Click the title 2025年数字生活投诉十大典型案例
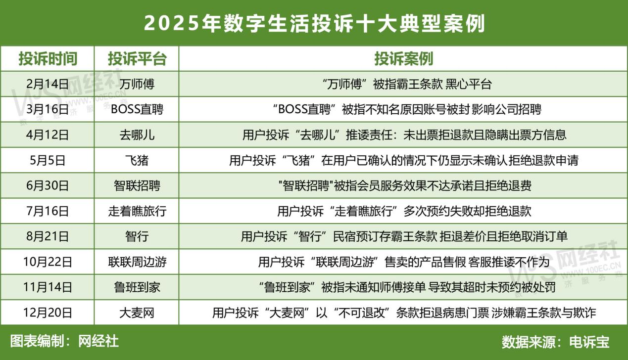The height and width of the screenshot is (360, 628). (314, 23)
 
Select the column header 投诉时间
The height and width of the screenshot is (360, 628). (48, 59)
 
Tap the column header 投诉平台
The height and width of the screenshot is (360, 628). (137, 59)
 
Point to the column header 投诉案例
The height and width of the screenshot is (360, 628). (404, 59)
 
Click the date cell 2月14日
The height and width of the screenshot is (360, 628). (48, 84)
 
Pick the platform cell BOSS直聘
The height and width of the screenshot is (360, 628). (137, 109)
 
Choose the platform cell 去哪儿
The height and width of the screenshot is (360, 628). (137, 135)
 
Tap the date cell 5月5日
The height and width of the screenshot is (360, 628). (48, 160)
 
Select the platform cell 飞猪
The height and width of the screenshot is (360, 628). (137, 160)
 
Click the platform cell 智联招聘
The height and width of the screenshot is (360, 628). (137, 185)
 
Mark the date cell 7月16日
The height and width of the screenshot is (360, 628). (48, 211)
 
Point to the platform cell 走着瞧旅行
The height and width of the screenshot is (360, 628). (137, 211)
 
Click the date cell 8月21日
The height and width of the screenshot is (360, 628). (48, 236)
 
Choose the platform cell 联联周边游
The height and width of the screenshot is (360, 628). (137, 262)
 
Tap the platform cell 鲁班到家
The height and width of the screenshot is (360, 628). (137, 287)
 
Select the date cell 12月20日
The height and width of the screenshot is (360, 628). (48, 313)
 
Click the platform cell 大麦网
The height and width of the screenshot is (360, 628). (137, 313)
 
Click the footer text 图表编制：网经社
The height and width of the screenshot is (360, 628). (64, 341)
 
